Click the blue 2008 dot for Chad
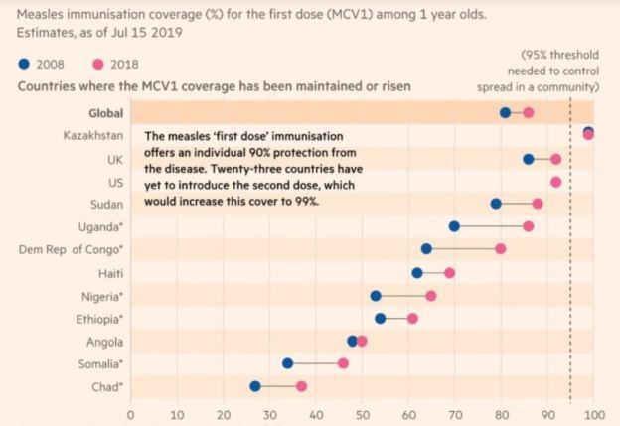pyautogui.click(x=255, y=386)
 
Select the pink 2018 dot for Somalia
pyautogui.click(x=344, y=363)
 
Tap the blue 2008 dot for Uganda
pyautogui.click(x=454, y=226)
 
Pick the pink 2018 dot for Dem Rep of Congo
pyautogui.click(x=501, y=249)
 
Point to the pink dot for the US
pyautogui.click(x=555, y=182)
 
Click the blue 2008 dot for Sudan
pyautogui.click(x=496, y=204)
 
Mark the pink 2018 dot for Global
pyautogui.click(x=528, y=113)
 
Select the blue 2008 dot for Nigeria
pyautogui.click(x=376, y=296)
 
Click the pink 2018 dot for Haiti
pyautogui.click(x=449, y=272)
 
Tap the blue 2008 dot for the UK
pyautogui.click(x=528, y=159)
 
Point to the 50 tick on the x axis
pyautogui.click(x=362, y=414)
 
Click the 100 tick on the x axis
pyautogui.click(x=593, y=414)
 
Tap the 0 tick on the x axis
pyautogui.click(x=130, y=414)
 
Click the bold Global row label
pyautogui.click(x=105, y=112)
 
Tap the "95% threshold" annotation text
pyautogui.click(x=568, y=56)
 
